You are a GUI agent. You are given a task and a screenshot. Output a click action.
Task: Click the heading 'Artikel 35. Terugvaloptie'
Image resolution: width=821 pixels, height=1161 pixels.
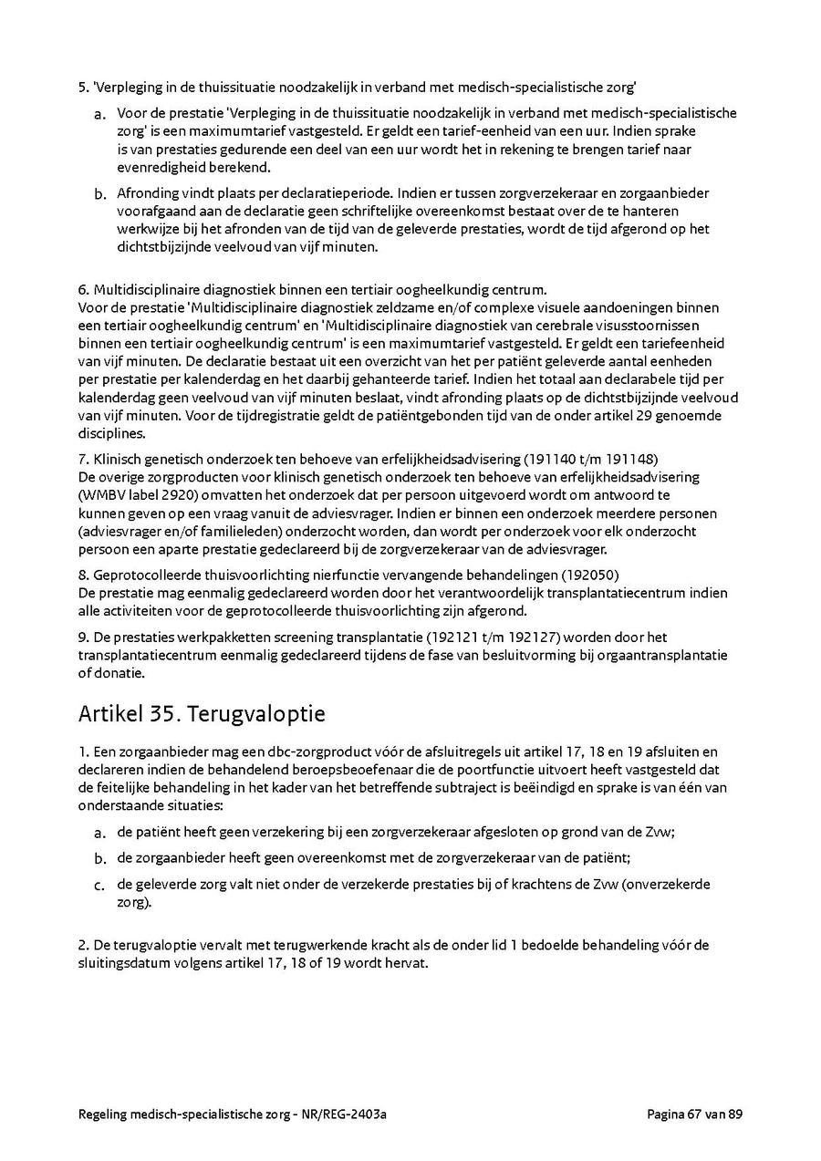point(202,713)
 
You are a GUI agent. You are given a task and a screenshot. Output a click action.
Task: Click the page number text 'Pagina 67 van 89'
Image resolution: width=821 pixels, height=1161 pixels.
point(695,1114)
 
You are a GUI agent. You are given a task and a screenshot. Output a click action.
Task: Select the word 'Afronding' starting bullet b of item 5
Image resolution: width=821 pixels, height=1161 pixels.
point(147,193)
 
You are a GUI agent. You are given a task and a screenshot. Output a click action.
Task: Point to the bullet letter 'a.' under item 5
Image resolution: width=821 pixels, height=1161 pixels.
point(99,115)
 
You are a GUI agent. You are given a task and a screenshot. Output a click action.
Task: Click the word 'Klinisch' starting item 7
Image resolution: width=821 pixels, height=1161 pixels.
point(118,458)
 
